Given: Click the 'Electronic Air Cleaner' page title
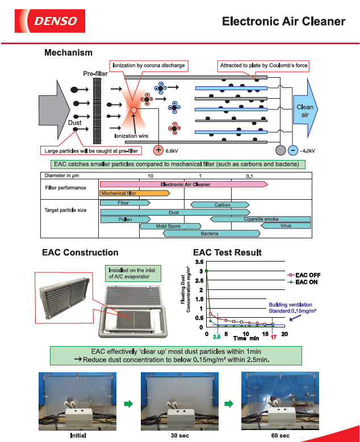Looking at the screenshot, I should pos(283,22).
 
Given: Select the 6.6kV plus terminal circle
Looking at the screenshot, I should pos(158,150).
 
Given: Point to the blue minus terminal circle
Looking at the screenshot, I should pos(292,150).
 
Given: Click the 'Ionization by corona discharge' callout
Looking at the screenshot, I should pos(148,66).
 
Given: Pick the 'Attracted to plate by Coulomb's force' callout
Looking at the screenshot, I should pos(263,66).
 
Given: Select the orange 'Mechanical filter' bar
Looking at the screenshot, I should pos(135,193).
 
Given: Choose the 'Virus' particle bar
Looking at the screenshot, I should pos(286,226).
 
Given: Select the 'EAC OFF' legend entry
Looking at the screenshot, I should pos(303,275).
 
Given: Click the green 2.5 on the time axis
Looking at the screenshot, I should pos(216,337).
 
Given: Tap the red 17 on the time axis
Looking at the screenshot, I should pos(273,337).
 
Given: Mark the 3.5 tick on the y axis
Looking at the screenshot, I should pos(200,262).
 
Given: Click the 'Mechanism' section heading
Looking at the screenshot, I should pos(68,53).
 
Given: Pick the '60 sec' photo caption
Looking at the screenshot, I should pos(280,435).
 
